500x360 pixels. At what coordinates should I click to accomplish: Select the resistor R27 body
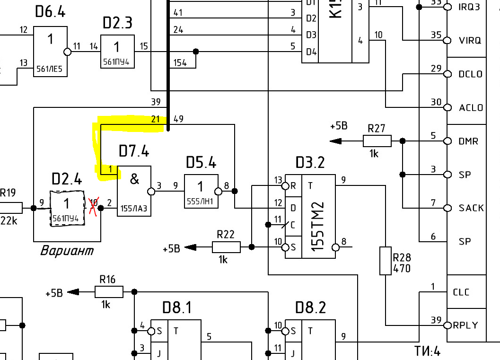point(377,141)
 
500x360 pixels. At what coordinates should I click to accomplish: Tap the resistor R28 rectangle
point(386,261)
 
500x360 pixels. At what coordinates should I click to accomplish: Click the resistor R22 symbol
point(226,246)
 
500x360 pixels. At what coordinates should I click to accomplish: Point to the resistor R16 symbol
point(109,292)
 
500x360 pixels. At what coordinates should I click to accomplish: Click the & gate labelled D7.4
point(134,191)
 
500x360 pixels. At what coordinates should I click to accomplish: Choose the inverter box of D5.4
point(201,191)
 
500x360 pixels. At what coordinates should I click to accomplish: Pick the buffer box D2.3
point(117,51)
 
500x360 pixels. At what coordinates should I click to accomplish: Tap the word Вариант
point(67,250)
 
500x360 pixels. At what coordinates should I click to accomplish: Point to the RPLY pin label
point(465,325)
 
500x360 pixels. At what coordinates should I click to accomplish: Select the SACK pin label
point(471,208)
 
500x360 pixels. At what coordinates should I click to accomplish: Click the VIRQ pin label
point(470,41)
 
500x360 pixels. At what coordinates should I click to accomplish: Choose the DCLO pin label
point(470,74)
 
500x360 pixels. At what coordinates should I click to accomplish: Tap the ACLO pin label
point(471,108)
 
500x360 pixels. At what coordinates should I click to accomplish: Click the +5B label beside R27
point(339,126)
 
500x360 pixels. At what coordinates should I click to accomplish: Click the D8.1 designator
point(177,308)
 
